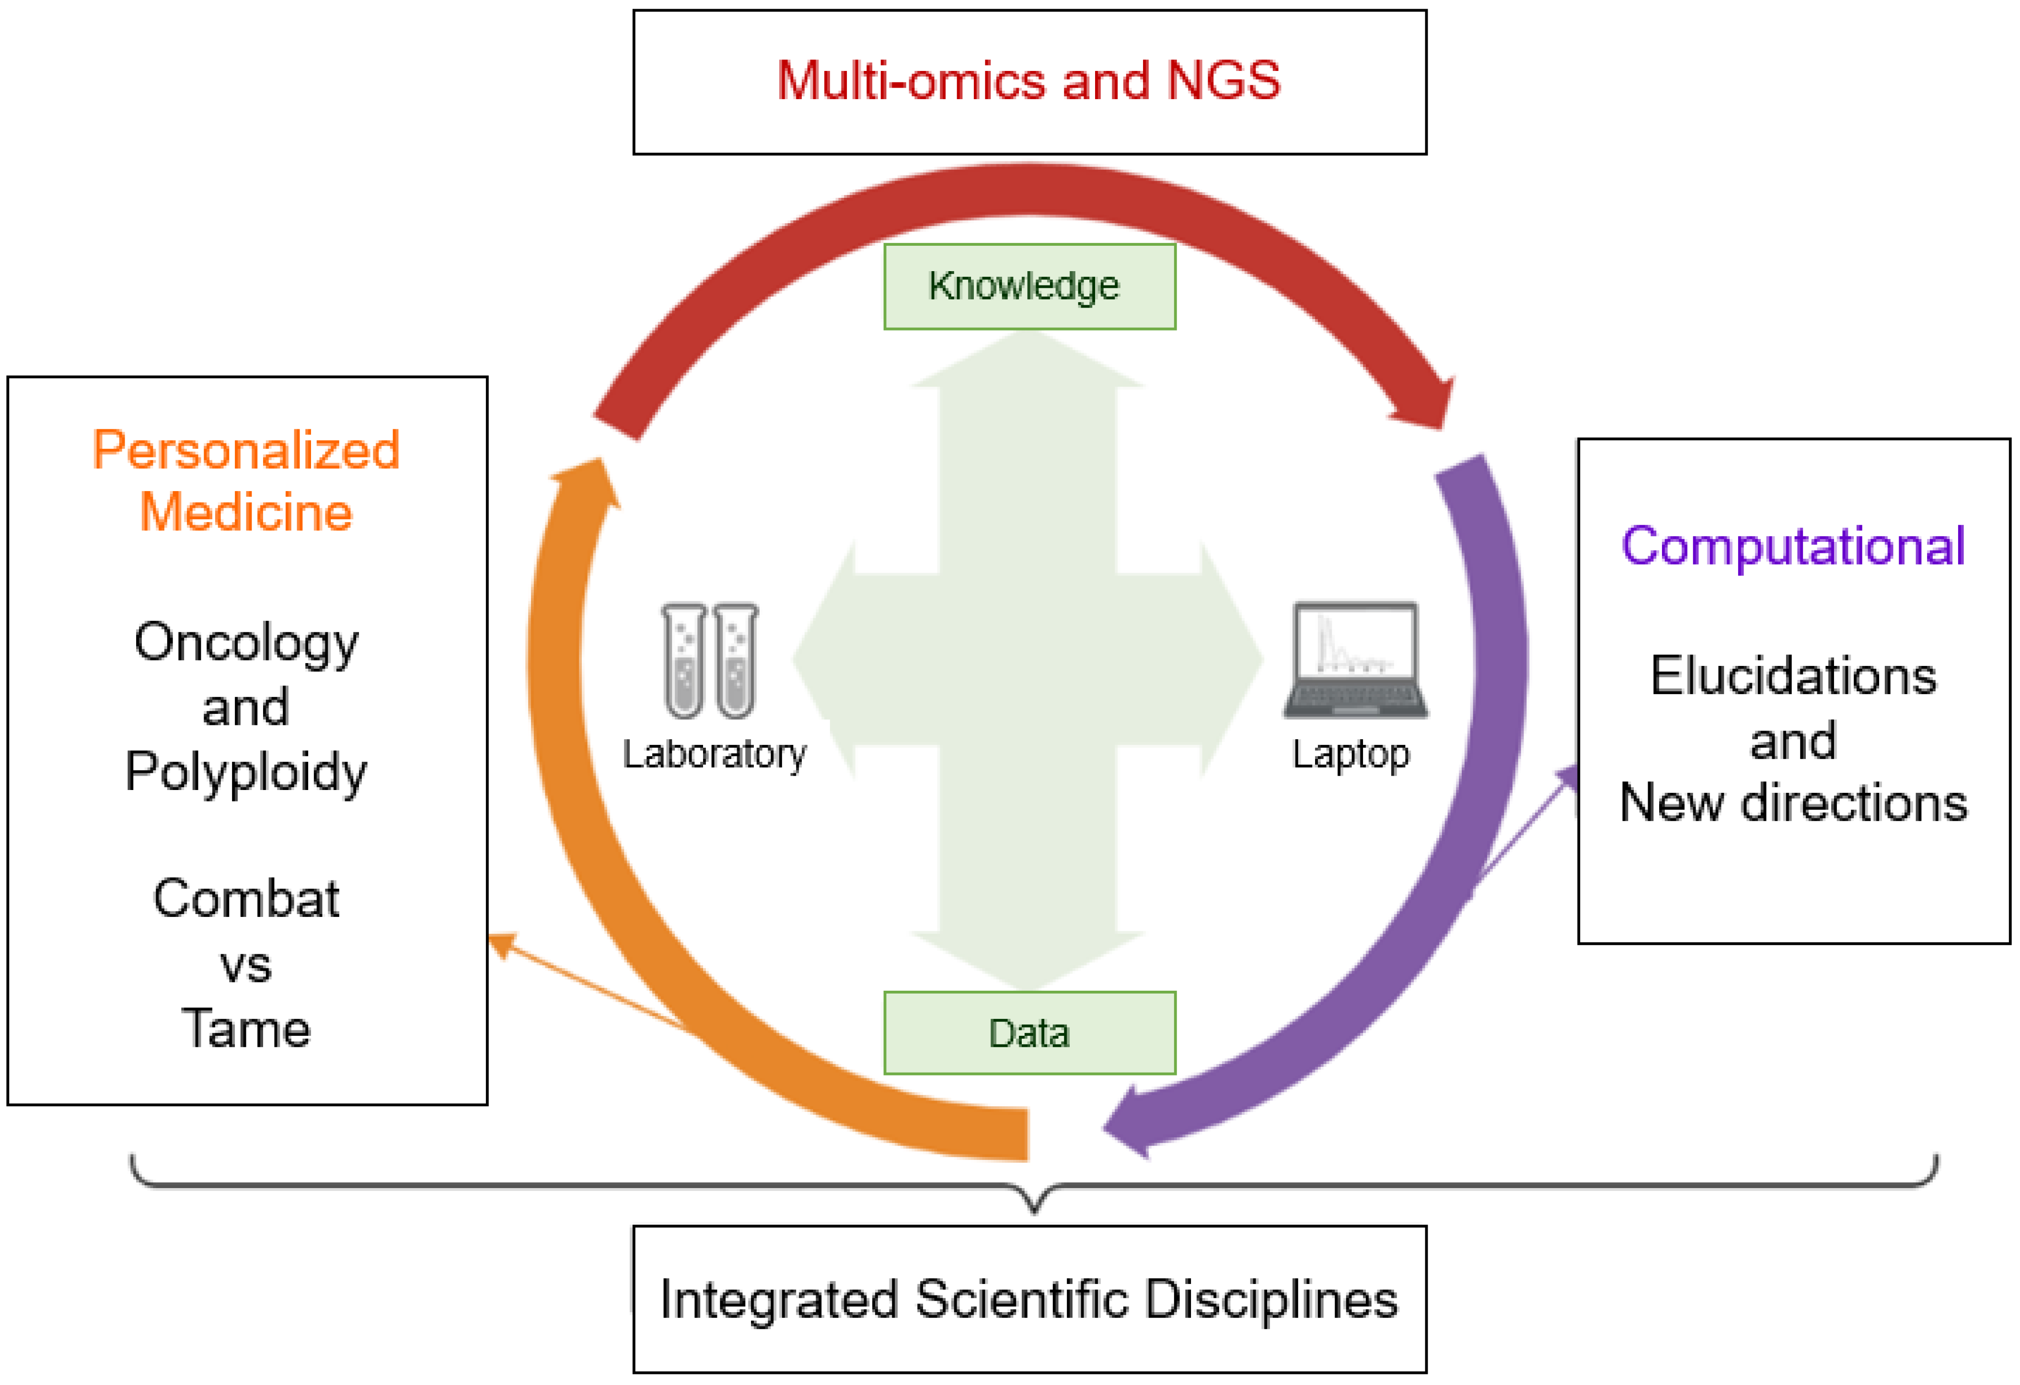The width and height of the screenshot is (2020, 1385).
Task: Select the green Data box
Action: (x=1029, y=1032)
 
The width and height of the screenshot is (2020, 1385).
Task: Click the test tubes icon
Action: (x=709, y=660)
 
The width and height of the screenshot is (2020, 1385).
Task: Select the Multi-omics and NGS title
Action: (x=1028, y=81)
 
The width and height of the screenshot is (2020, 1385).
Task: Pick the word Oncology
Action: (x=246, y=643)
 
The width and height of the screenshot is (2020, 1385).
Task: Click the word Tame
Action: (x=246, y=1028)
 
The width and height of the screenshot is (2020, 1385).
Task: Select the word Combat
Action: (x=246, y=898)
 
